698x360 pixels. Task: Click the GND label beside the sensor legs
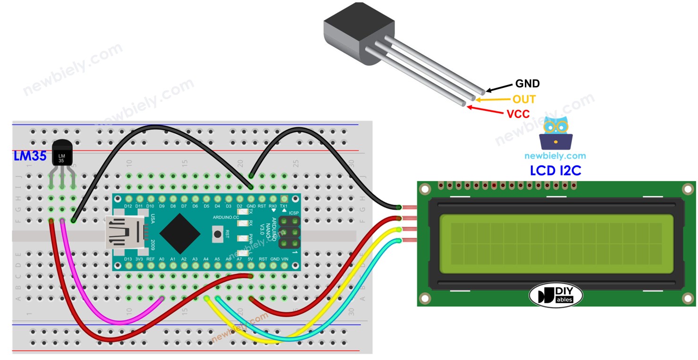click(527, 84)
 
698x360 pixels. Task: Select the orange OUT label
click(524, 99)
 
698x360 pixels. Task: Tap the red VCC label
click(518, 114)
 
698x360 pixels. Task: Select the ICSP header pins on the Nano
click(290, 232)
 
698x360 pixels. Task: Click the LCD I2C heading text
click(555, 170)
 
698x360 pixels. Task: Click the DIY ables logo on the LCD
click(555, 295)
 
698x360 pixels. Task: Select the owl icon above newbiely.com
click(555, 133)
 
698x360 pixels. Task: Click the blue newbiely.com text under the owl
click(555, 156)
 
